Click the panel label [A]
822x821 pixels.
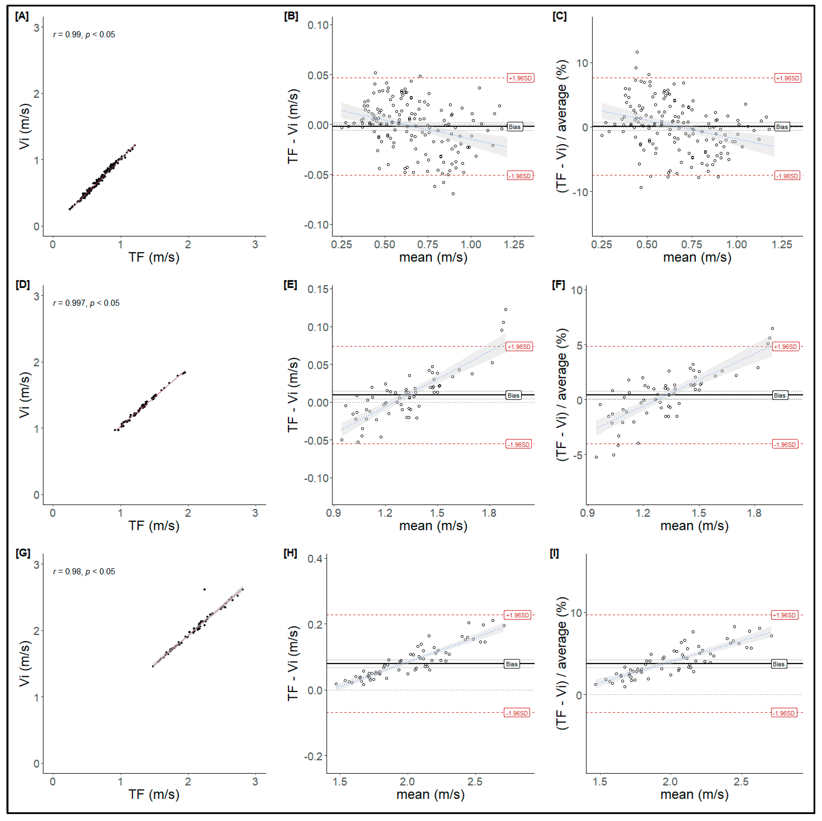22,16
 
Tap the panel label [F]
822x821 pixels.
558,285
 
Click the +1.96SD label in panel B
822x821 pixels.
520,78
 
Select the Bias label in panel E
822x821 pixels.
513,395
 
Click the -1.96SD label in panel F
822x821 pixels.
785,444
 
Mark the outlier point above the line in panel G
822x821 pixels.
204,589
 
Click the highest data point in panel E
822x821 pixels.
505,309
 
